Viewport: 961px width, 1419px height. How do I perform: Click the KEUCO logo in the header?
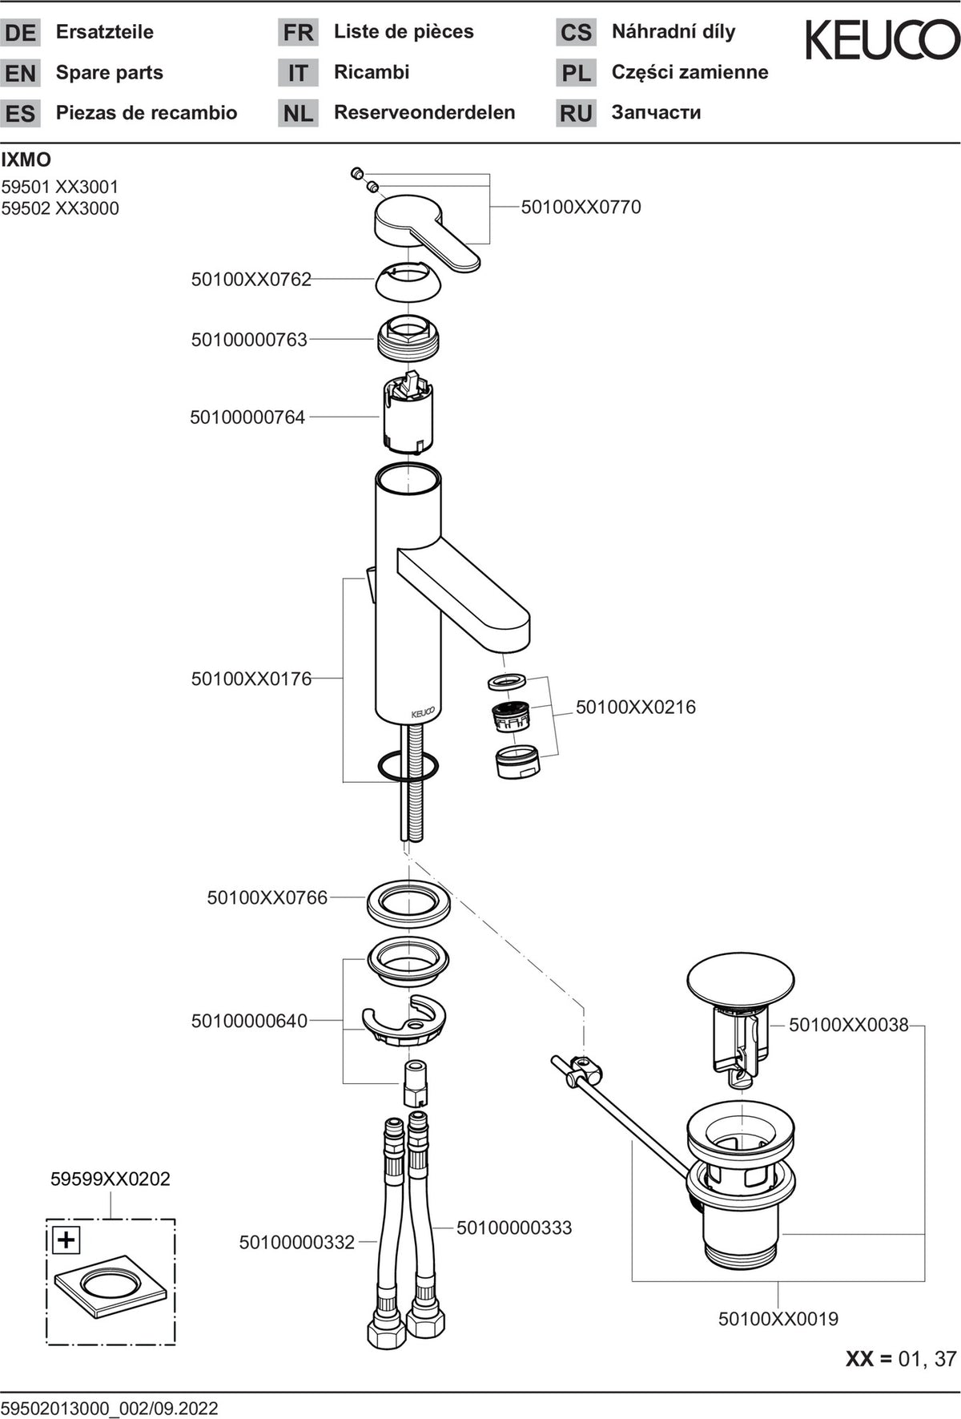882,40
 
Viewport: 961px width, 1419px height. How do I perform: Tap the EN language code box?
21,73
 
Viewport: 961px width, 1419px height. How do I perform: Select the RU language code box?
576,113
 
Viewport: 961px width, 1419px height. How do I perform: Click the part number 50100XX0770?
581,207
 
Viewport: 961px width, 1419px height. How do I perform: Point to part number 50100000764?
247,417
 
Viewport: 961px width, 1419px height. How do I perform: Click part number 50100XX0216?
636,707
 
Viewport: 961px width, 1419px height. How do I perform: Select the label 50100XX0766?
267,897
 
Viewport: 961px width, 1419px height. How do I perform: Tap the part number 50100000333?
514,1228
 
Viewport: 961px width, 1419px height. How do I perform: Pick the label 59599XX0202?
111,1179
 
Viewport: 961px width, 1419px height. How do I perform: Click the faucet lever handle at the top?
424,229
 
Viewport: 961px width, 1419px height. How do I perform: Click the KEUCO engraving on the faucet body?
423,712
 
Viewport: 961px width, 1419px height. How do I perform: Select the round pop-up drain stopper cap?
741,978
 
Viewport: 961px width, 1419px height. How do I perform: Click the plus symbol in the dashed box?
66,1240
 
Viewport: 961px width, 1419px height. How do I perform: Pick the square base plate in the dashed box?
111,1285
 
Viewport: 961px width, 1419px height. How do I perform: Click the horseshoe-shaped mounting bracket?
404,1021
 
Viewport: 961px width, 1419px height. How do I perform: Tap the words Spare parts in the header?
110,73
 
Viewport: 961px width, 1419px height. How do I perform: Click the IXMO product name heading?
26,159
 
